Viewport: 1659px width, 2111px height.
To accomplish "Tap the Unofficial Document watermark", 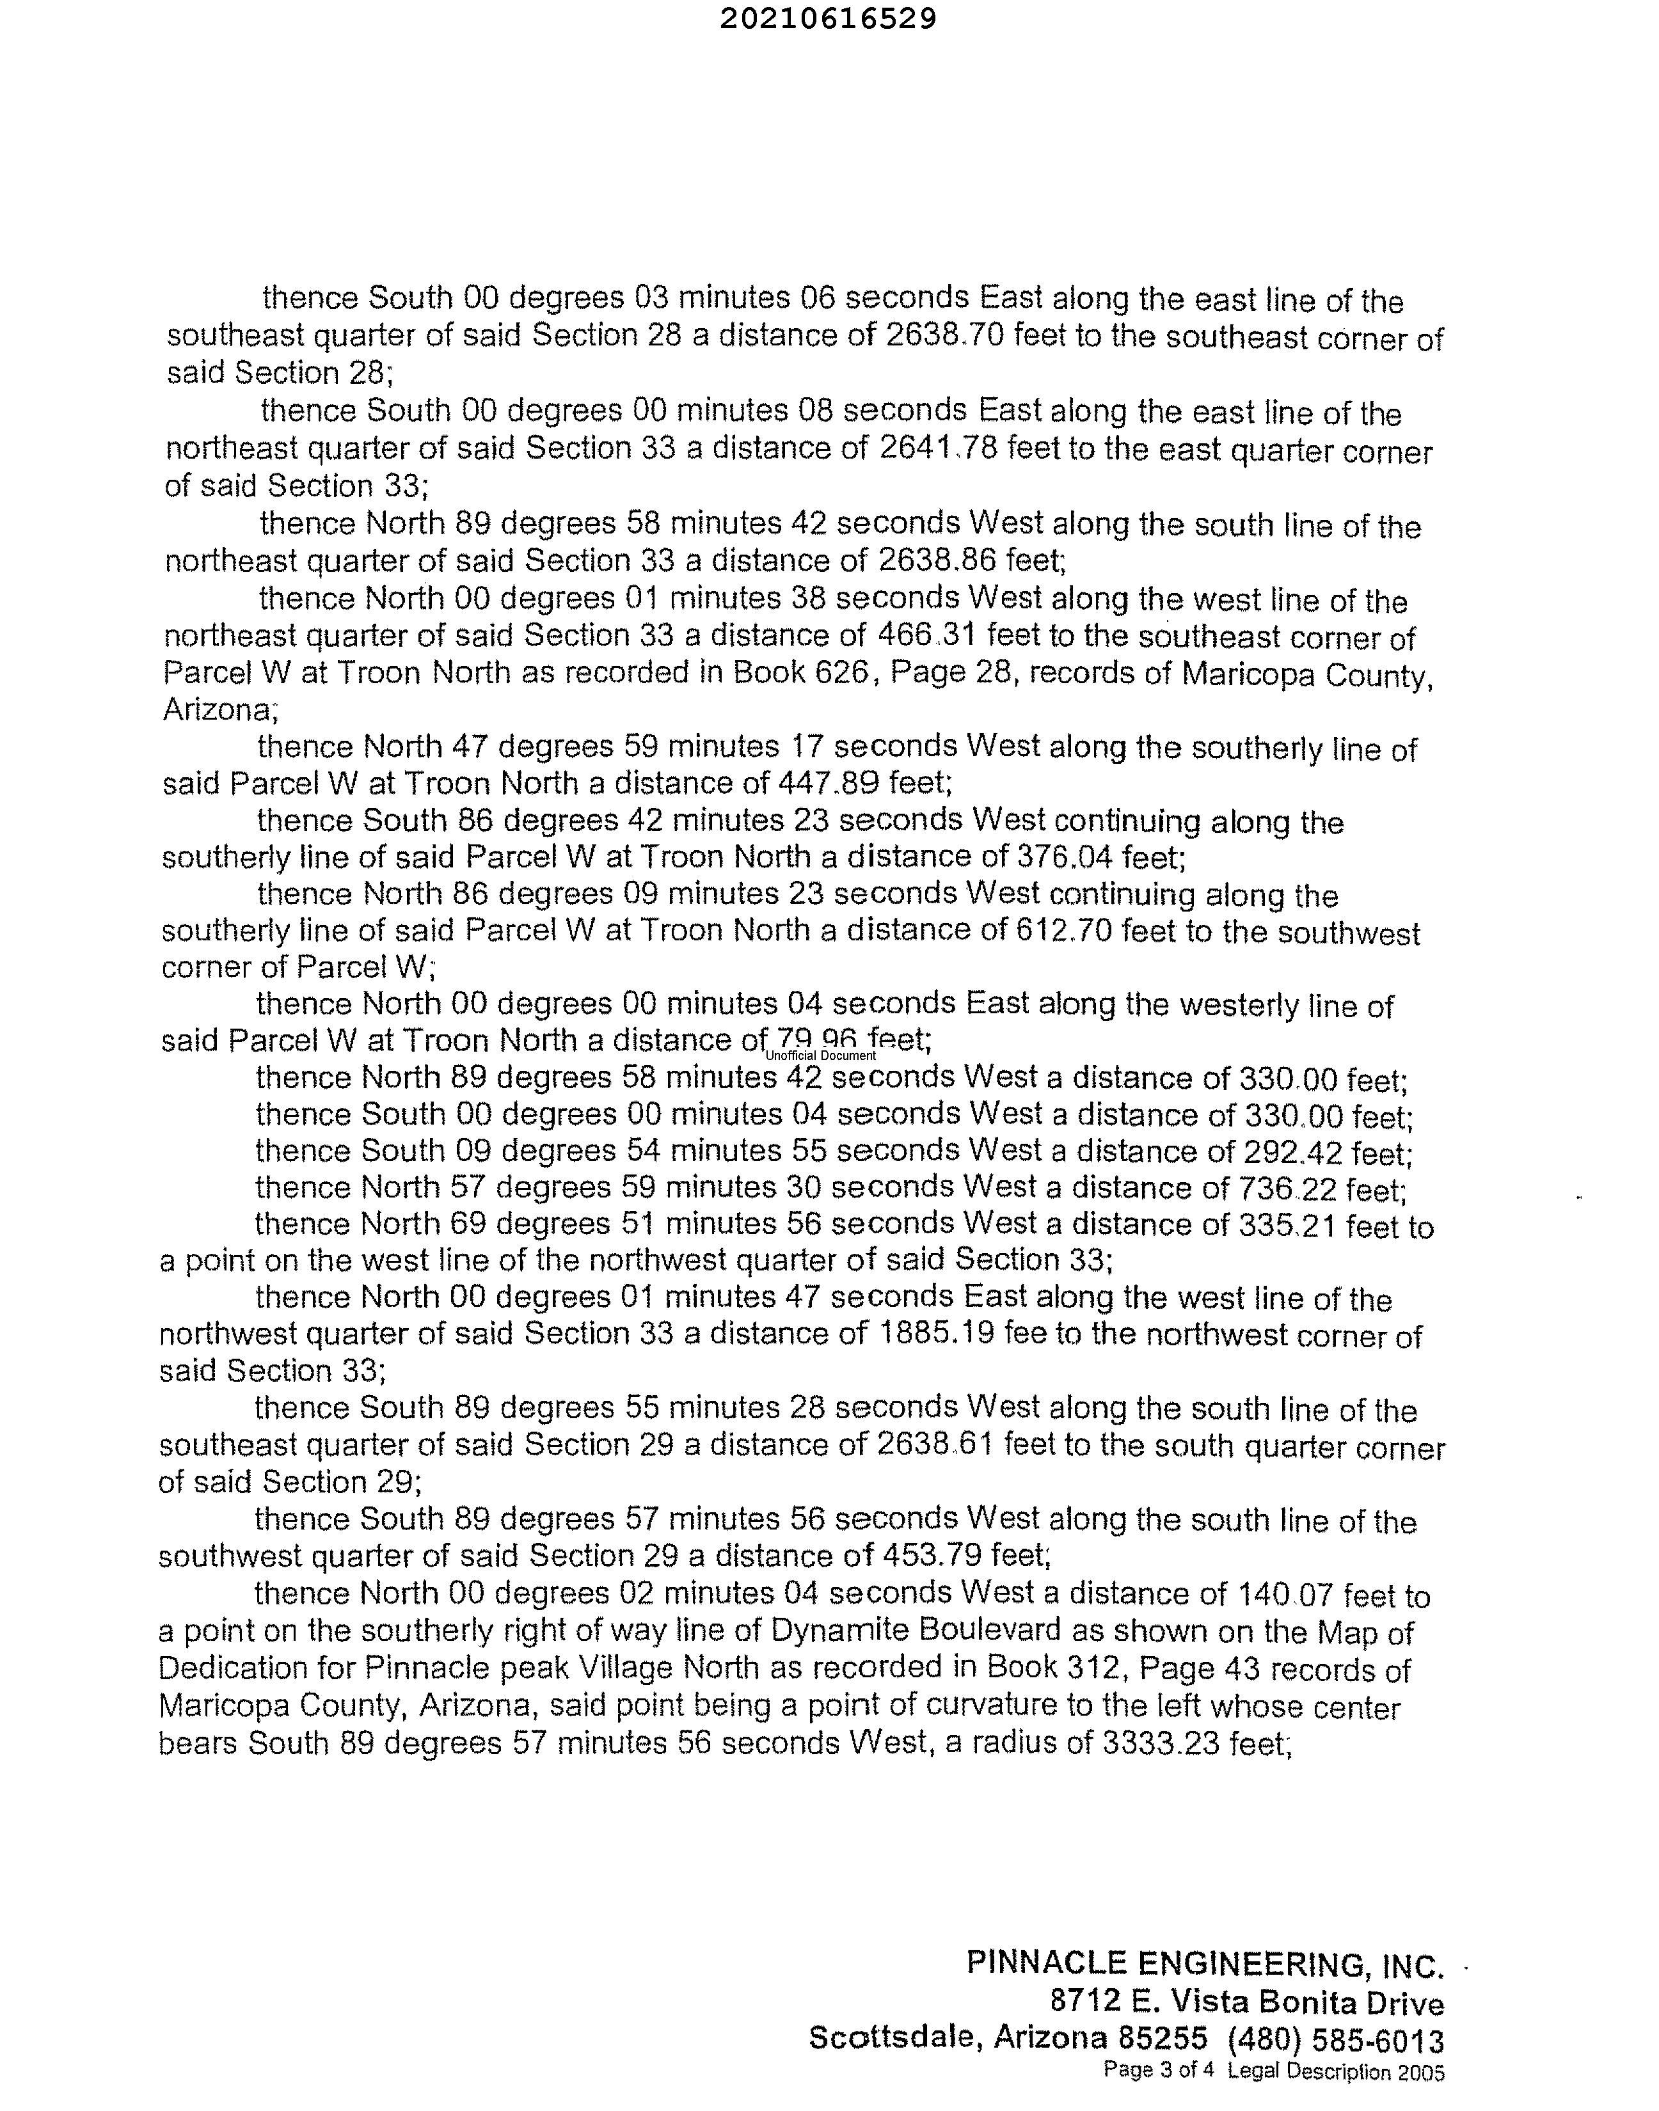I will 821,1055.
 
